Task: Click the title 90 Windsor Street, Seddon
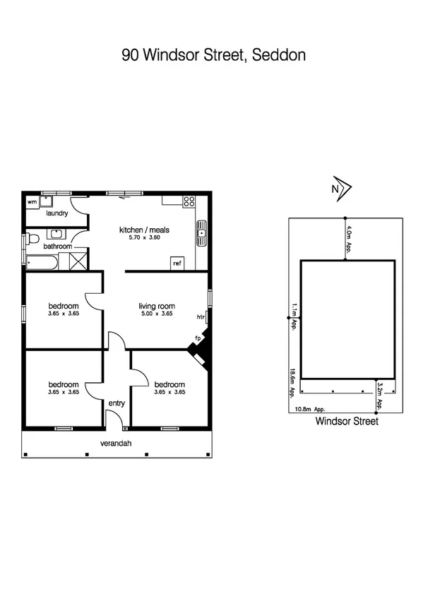tap(213, 55)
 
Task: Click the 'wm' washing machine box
tap(32, 202)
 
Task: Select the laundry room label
tap(56, 213)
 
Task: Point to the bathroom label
tap(57, 247)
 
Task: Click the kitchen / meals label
tap(144, 230)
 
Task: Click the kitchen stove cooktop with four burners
tap(189, 201)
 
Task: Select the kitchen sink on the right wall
tap(202, 234)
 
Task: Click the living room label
tap(157, 306)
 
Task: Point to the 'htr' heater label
tap(201, 317)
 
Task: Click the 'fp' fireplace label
tap(198, 339)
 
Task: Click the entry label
tap(116, 403)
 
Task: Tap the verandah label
tap(117, 444)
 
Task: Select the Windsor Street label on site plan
tap(347, 422)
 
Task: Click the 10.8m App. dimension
tap(309, 409)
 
